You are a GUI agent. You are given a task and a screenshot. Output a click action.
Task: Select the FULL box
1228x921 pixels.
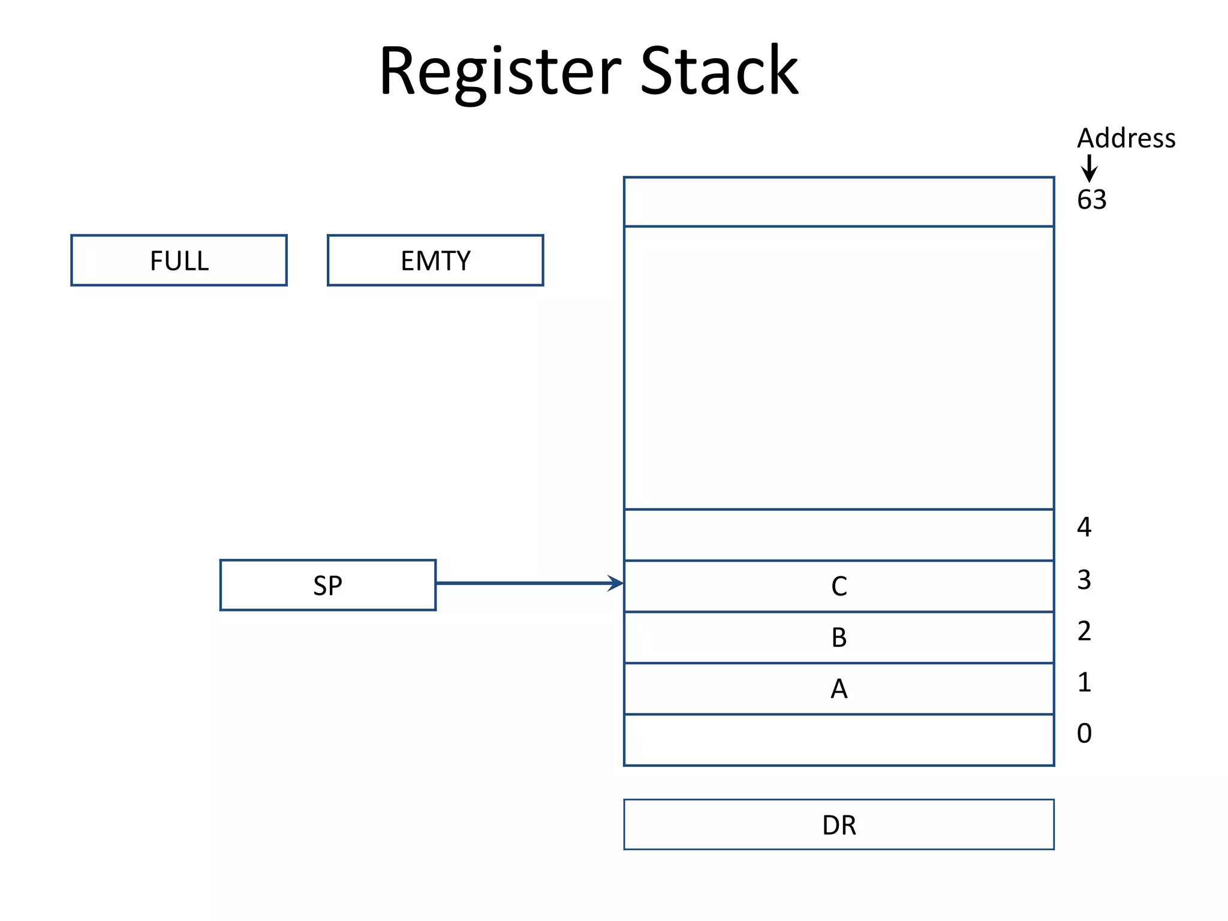[x=179, y=260]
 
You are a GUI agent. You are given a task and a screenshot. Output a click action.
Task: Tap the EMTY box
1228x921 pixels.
[x=435, y=260]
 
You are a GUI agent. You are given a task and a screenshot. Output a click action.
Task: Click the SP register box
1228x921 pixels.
[x=328, y=585]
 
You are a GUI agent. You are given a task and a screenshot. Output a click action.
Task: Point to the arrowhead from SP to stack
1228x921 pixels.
[x=616, y=583]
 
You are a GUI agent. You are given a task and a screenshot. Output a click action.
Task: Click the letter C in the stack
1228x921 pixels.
[x=839, y=586]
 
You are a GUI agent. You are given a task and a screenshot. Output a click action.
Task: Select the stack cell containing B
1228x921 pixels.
[x=839, y=637]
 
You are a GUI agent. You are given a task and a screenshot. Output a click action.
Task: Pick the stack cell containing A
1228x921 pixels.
[x=839, y=688]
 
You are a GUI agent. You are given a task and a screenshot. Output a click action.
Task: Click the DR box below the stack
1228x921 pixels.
[x=839, y=824]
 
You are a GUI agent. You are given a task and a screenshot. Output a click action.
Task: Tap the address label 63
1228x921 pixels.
[x=1091, y=200]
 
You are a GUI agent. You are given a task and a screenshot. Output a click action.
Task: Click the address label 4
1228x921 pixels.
[x=1084, y=527]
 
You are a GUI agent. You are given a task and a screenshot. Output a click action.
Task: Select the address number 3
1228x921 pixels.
[x=1084, y=579]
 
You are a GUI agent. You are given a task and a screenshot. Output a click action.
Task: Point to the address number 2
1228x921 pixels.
[x=1084, y=631]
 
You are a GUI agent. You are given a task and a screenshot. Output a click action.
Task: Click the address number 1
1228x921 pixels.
[x=1084, y=682]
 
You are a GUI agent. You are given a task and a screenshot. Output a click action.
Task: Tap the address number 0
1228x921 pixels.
[x=1084, y=733]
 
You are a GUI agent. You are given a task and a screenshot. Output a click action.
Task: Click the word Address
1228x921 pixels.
[x=1126, y=139]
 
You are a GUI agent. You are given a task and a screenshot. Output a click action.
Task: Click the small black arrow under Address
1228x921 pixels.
[x=1089, y=168]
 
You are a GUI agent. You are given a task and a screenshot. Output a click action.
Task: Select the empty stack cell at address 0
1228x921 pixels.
[x=839, y=740]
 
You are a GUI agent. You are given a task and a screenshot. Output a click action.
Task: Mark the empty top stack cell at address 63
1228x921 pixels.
[x=839, y=201]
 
